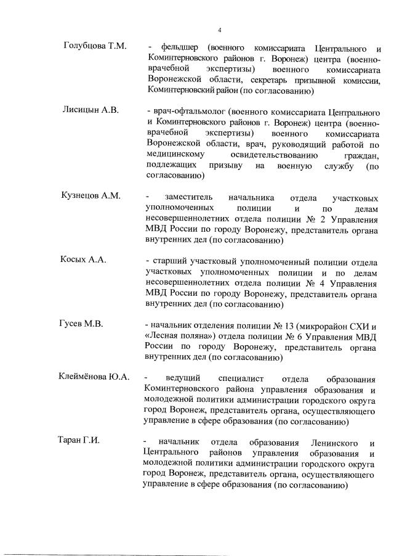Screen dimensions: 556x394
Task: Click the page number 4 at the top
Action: coord(219,29)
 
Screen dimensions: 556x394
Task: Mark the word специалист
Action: coord(244,377)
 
